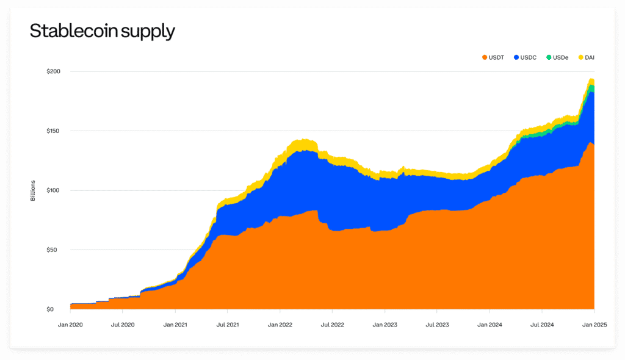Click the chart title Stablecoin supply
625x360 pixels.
(103, 31)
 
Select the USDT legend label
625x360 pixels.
(496, 57)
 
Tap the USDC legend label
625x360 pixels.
(528, 57)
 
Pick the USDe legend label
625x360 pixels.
(560, 57)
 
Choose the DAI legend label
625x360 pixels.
(590, 57)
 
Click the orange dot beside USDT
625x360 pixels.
(485, 57)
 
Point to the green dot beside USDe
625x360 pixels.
(549, 57)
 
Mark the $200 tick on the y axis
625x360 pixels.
(54, 71)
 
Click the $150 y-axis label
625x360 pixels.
(54, 131)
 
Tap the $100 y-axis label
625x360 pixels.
(54, 190)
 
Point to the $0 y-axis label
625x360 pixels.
(50, 309)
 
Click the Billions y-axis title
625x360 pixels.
(33, 190)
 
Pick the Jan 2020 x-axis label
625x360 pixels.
(70, 325)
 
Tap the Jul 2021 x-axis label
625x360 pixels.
(228, 325)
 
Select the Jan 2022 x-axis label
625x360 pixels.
(280, 325)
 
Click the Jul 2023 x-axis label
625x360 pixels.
(437, 325)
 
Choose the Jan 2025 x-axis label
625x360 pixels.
(594, 325)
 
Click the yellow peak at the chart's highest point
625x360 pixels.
(591, 80)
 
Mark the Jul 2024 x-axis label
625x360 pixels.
(542, 325)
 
